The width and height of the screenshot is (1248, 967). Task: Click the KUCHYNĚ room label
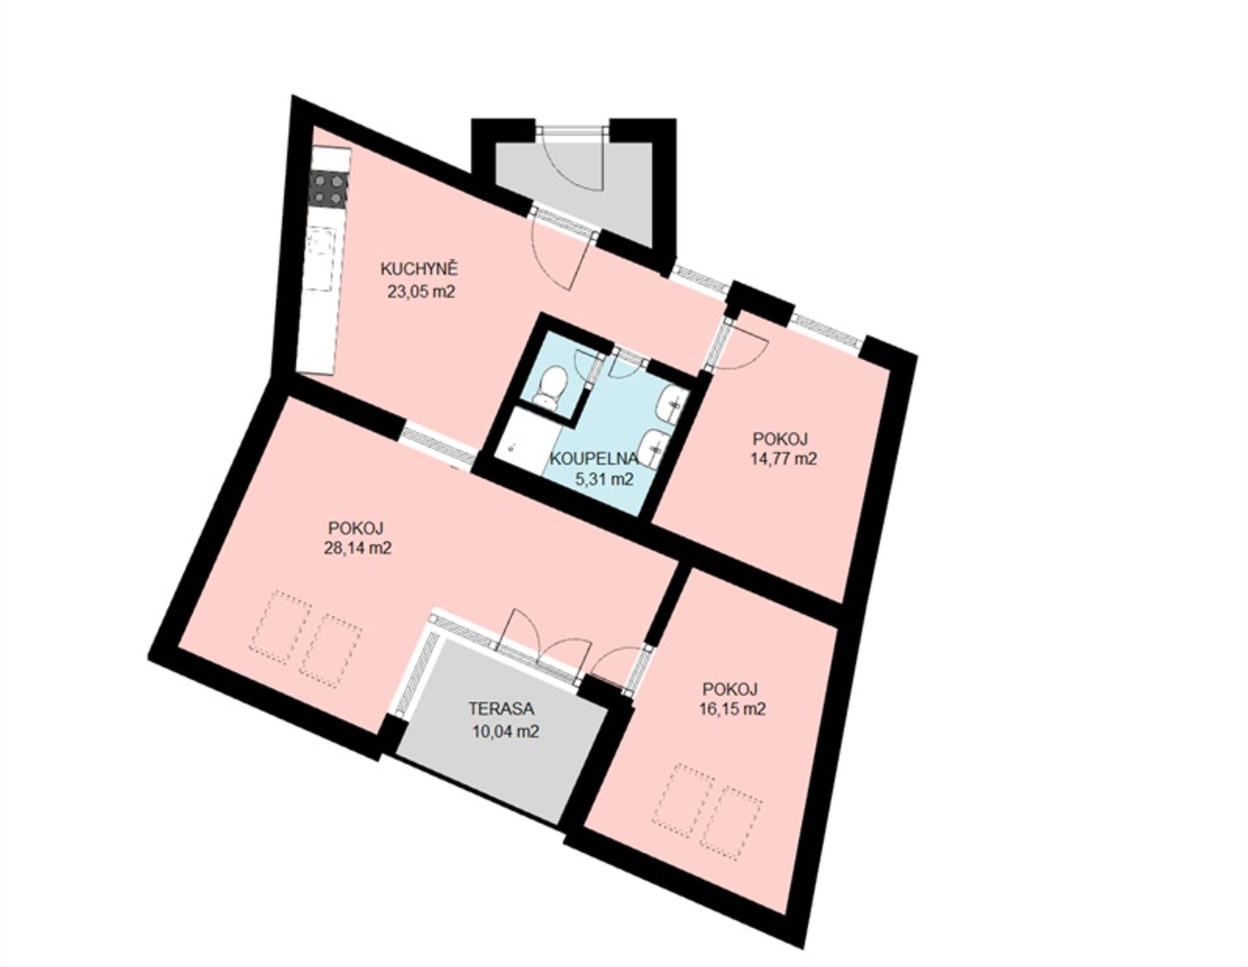pyautogui.click(x=420, y=269)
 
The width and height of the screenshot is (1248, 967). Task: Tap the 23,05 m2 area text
pyautogui.click(x=420, y=292)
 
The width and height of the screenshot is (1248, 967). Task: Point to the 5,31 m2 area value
pyautogui.click(x=604, y=480)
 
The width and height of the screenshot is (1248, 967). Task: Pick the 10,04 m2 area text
pyautogui.click(x=507, y=732)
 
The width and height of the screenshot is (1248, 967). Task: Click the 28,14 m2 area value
pyautogui.click(x=357, y=548)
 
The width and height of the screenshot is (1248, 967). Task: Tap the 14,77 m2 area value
pyautogui.click(x=783, y=459)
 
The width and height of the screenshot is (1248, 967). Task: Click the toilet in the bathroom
pyautogui.click(x=549, y=388)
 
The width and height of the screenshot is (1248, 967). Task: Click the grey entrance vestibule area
pyautogui.click(x=572, y=188)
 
